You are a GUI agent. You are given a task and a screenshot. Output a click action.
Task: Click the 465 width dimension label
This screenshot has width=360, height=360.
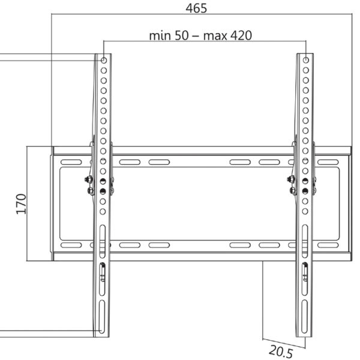click(196, 8)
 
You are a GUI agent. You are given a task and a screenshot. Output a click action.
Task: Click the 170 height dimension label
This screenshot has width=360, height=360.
click(21, 204)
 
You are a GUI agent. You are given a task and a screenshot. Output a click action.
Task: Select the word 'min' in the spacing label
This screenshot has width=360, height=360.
click(160, 35)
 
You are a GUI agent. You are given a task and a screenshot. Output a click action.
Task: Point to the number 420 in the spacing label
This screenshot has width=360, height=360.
click(241, 35)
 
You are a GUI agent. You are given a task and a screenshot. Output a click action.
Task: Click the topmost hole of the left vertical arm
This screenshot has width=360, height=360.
click(103, 61)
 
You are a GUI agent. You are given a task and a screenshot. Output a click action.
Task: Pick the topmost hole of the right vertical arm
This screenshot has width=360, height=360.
click(306, 61)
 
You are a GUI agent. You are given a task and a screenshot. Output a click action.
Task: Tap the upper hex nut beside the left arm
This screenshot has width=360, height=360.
click(89, 179)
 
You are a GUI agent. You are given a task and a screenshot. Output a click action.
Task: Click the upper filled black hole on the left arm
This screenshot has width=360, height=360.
click(103, 181)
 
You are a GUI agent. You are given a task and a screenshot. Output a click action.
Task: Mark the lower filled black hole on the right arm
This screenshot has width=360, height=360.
click(306, 191)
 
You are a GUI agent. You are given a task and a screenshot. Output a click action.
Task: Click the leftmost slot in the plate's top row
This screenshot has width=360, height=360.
click(71, 162)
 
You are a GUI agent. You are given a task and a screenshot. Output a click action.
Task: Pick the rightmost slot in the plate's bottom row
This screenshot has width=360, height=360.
click(328, 245)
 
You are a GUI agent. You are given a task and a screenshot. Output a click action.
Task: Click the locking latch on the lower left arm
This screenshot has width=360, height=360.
click(102, 272)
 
